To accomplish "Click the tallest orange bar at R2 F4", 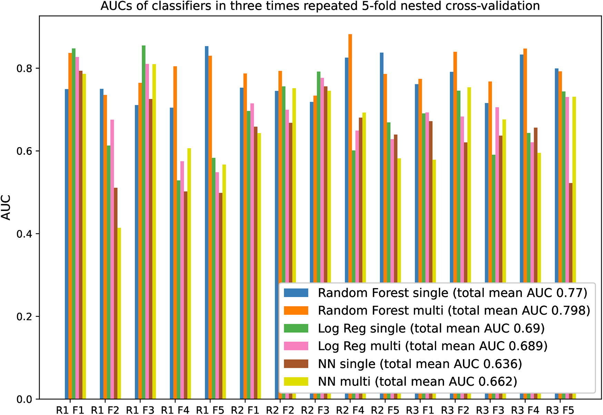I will coord(350,155).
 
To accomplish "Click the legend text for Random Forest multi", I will coord(454,311).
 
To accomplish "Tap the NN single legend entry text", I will coord(419,364).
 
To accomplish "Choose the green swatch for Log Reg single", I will coord(296,328).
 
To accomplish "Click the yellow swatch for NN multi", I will coord(296,382).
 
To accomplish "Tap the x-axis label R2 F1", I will coord(245,410).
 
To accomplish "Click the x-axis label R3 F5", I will coord(560,410).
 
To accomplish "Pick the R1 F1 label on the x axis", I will coord(70,410).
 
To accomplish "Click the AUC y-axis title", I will coord(6,207).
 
